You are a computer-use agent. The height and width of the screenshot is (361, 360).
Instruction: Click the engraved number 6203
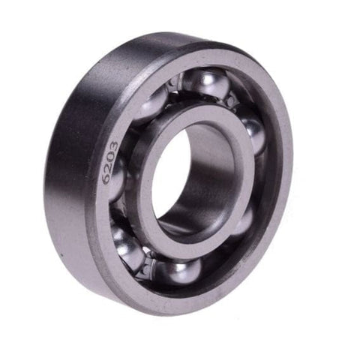pos(110,163)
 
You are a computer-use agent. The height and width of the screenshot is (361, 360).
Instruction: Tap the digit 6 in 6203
pos(107,179)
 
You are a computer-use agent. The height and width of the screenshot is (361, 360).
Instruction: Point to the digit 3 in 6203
pos(113,146)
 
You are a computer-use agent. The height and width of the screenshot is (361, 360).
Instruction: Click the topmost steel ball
pos(205,84)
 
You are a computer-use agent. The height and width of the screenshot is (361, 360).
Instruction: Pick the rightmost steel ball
pos(253,135)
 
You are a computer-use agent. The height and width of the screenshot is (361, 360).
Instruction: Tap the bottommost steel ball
pos(179,272)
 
